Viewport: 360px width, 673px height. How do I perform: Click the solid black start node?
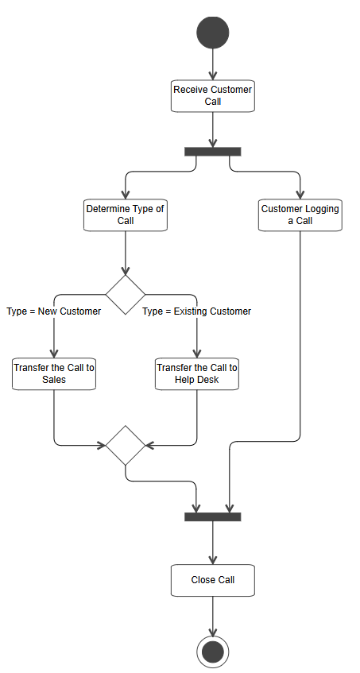coord(212,33)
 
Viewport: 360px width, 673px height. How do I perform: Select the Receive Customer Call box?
coord(212,95)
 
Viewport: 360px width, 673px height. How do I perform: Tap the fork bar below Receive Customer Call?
coord(212,151)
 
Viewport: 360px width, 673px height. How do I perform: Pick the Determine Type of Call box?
coord(126,215)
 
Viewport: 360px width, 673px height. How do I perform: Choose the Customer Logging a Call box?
coord(300,215)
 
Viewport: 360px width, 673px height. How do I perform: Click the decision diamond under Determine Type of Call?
coord(126,295)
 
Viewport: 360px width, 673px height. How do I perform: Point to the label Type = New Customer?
coord(53,311)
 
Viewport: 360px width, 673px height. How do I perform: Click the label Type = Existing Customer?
coord(196,311)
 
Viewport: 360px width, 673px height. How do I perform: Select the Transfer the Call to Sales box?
coord(54,373)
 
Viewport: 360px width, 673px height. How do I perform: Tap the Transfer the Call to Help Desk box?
coord(196,373)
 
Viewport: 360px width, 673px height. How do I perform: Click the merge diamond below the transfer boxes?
coord(126,445)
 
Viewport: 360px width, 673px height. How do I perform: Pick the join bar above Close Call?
coord(212,516)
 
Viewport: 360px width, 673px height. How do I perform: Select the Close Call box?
coord(212,580)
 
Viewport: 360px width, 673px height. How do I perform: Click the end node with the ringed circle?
coord(212,652)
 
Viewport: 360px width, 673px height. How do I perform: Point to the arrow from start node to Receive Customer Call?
coord(212,64)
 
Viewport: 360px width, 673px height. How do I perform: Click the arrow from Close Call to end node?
coord(212,615)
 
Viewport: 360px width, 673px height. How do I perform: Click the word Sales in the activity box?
coord(54,380)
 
